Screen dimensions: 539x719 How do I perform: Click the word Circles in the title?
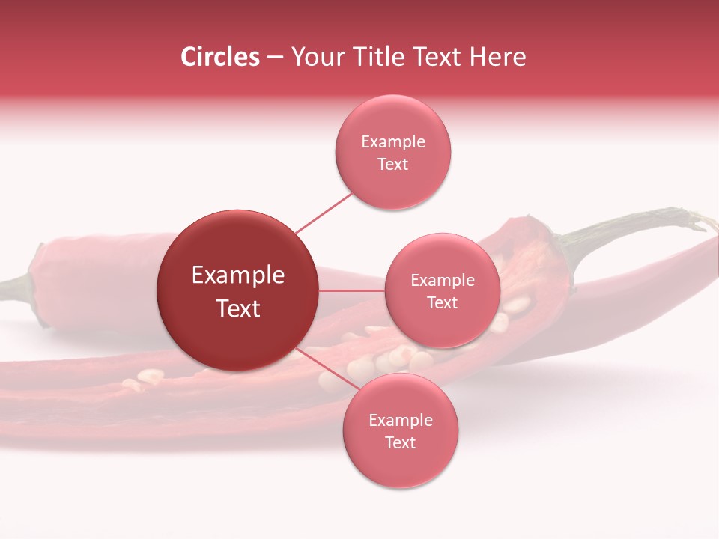220,57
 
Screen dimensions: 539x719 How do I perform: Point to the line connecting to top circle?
324,212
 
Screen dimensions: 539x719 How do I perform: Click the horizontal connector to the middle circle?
352,290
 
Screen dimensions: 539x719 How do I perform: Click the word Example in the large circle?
238,275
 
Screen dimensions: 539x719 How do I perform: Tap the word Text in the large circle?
238,308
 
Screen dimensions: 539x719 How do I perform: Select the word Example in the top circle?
393,141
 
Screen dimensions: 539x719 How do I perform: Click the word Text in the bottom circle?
400,442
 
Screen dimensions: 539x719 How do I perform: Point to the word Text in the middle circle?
442,302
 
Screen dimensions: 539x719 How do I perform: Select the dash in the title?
275,58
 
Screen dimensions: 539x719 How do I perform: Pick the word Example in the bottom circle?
401,420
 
